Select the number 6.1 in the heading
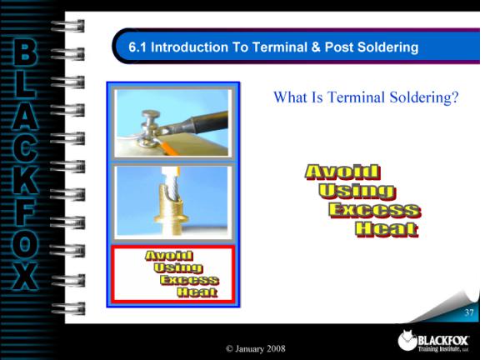[x=137, y=47]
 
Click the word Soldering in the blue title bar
[x=387, y=47]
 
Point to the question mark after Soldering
[x=455, y=97]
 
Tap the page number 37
[x=469, y=312]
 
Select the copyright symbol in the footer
[x=229, y=349]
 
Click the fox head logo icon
[x=407, y=340]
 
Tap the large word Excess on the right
[x=375, y=211]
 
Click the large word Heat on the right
[x=386, y=230]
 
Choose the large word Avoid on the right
[x=342, y=172]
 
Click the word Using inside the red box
[x=178, y=267]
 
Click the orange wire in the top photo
[x=169, y=149]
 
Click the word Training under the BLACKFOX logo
[x=428, y=349]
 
